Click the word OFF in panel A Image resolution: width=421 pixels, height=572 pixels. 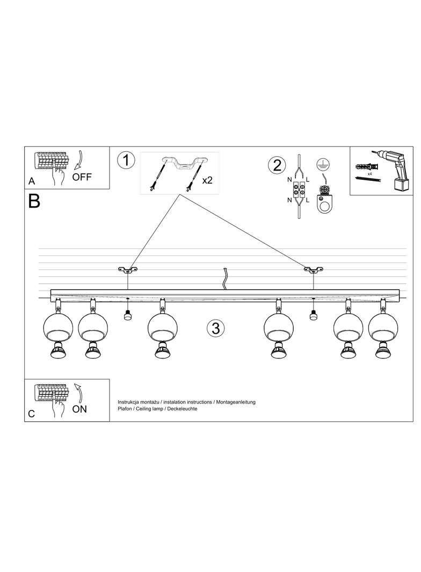(82, 178)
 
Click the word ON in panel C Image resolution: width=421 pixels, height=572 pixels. (79, 409)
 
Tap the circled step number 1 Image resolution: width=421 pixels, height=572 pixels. (126, 160)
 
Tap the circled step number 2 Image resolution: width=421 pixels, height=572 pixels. (277, 165)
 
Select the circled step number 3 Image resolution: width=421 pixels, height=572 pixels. (215, 328)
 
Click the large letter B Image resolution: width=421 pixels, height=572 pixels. (34, 201)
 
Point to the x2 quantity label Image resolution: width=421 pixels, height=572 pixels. (207, 180)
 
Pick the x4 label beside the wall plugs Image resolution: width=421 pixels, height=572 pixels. (370, 174)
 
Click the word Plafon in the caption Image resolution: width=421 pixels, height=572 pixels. (125, 409)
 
